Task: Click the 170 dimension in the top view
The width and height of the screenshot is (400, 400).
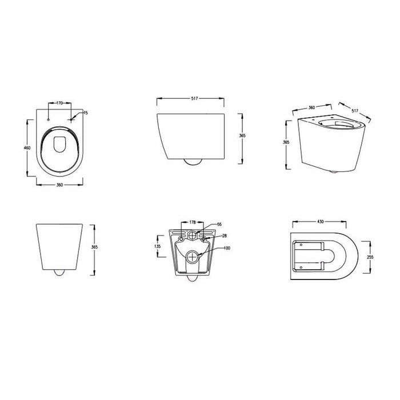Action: coord(59,103)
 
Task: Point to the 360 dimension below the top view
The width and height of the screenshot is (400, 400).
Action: coord(59,186)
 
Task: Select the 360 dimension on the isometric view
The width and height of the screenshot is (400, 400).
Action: coord(313,106)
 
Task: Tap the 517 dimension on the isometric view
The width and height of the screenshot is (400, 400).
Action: coord(354,108)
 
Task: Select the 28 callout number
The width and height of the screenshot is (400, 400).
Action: coord(223,235)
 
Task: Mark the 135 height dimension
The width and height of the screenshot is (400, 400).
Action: coord(158,247)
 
